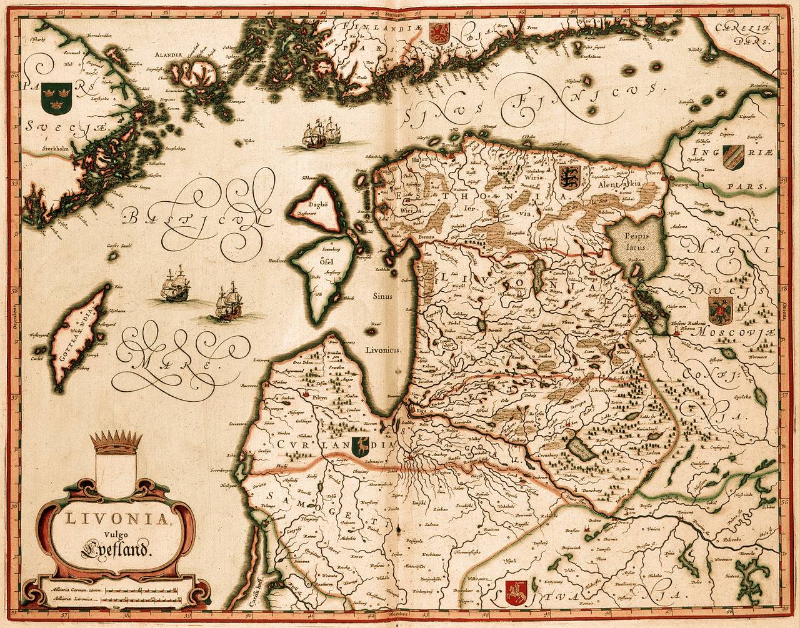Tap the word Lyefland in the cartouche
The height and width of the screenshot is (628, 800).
pos(116,550)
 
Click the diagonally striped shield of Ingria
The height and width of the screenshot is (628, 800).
pos(732,157)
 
